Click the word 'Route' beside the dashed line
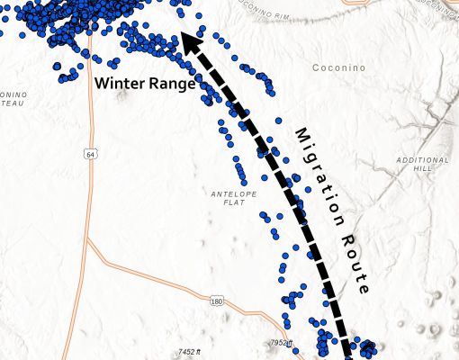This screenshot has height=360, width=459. point(350,260)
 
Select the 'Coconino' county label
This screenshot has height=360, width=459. point(339,67)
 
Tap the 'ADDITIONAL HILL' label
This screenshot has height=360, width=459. point(421,164)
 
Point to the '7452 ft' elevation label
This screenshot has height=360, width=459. point(193,351)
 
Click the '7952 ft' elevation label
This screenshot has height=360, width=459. point(282,343)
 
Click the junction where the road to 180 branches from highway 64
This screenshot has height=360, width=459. point(88,241)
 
